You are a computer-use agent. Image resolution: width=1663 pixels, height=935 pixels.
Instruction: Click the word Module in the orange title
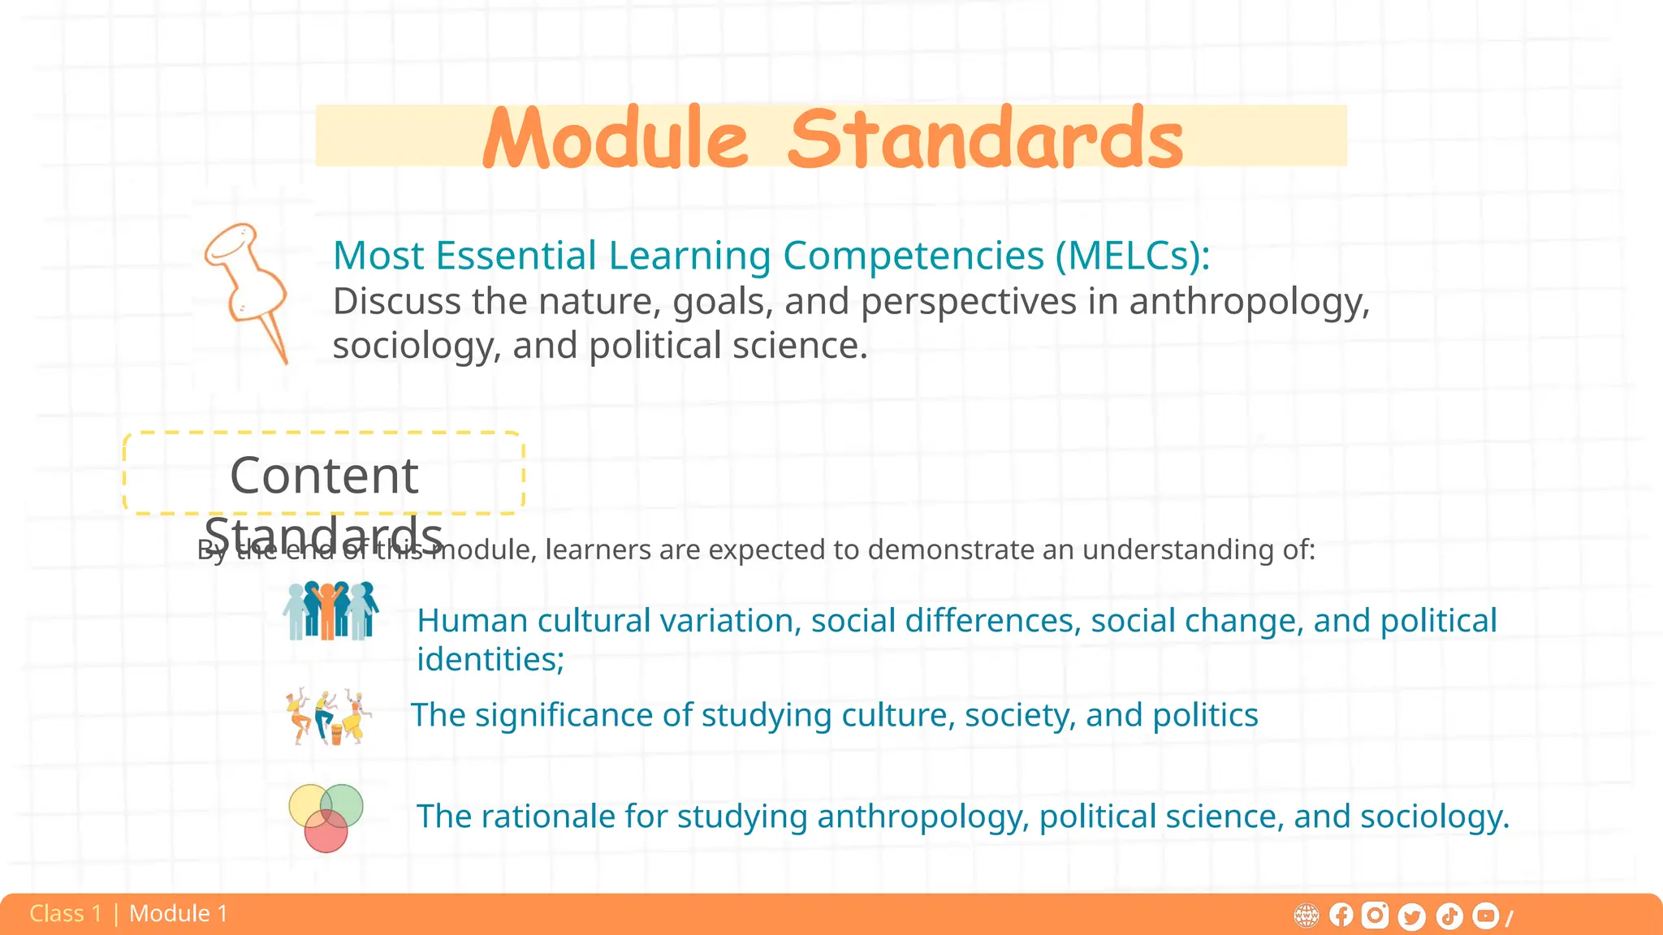615,139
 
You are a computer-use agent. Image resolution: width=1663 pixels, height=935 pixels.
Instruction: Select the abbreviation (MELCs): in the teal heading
1133,256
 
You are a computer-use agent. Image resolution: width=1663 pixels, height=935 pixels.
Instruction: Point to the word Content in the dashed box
324,475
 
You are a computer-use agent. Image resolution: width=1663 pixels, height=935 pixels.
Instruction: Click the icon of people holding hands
330,610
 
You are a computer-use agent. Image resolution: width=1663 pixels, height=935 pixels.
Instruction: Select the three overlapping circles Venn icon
326,817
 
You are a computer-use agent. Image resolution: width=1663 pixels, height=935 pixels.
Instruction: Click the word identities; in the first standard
490,659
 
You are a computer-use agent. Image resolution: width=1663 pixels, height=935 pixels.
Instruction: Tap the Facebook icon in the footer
1341,916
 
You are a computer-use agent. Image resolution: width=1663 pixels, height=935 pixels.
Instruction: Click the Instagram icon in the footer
1375,916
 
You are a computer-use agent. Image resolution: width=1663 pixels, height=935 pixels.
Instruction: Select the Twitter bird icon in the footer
1412,916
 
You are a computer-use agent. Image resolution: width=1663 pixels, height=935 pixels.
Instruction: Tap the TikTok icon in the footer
1449,916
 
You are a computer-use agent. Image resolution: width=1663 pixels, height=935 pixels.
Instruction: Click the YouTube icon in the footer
1485,916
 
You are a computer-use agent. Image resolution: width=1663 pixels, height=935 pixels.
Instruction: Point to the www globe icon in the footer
1306,916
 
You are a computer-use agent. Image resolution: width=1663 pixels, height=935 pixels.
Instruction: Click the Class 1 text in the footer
66,914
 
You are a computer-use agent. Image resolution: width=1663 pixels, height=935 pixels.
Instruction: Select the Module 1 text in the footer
178,914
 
